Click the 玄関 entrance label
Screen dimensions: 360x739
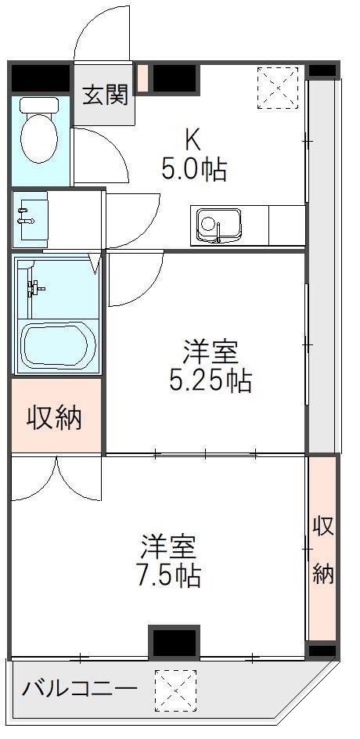tap(105, 96)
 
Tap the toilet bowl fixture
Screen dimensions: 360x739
tap(39, 129)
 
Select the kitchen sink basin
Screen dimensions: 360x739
tap(219, 225)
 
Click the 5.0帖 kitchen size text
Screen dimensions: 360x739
tap(193, 170)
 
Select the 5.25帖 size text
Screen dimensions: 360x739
tap(210, 380)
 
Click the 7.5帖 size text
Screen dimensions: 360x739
tap(169, 575)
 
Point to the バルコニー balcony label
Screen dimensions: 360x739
tap(80, 690)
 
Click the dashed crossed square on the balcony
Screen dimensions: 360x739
tap(175, 690)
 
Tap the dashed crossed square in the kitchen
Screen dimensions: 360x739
tap(278, 88)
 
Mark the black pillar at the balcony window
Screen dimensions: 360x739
tap(175, 641)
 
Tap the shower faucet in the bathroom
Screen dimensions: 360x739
tap(34, 287)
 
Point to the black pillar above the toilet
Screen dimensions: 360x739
tap(41, 78)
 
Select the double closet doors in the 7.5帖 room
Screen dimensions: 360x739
tap(56, 477)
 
